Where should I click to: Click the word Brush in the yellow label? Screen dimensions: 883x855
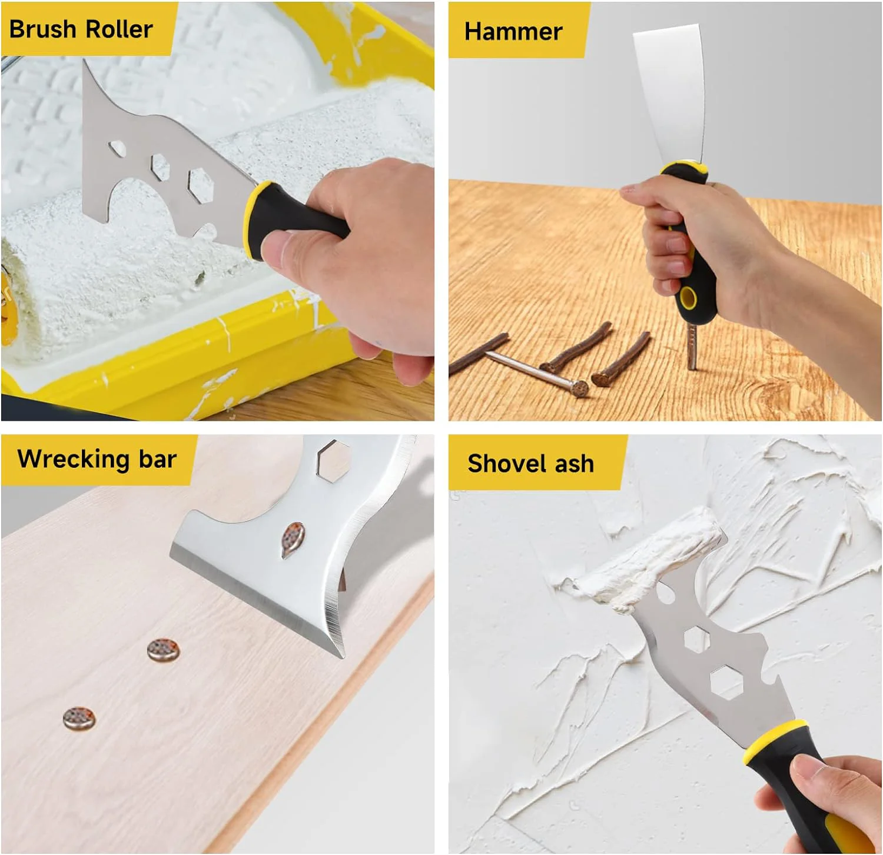click(43, 29)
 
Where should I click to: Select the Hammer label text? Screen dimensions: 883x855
click(513, 31)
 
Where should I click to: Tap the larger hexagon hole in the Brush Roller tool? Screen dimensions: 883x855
click(200, 185)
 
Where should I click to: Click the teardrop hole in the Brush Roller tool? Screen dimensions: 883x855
click(118, 148)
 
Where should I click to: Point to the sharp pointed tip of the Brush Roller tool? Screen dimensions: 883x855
click(85, 61)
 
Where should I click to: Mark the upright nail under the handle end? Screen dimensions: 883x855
click(692, 347)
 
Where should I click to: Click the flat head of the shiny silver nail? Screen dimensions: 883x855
click(579, 388)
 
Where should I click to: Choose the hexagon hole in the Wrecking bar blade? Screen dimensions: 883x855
click(333, 458)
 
